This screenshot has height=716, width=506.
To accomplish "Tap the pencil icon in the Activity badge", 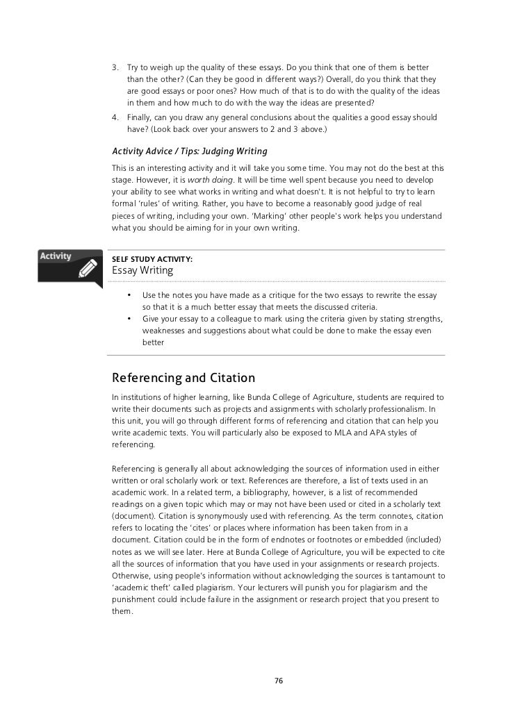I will (88, 269).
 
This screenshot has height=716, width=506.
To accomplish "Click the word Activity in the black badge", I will (55, 256).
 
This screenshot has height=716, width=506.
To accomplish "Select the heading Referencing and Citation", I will (183, 378).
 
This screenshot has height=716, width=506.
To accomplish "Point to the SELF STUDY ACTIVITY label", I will (152, 259).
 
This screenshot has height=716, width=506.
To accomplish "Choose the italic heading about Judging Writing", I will (190, 151).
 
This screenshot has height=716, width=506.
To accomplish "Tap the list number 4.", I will (115, 117).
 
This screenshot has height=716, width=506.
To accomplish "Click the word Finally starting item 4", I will (141, 117).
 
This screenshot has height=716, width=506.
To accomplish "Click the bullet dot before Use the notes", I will (129, 296).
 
